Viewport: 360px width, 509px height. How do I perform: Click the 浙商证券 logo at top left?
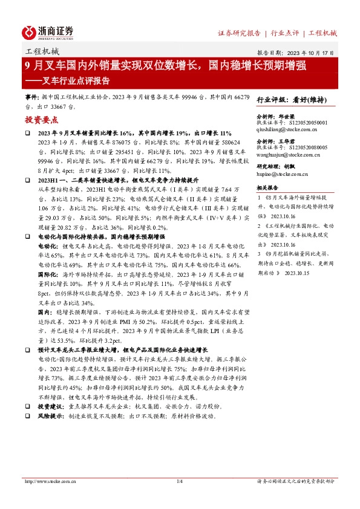pyautogui.click(x=48, y=32)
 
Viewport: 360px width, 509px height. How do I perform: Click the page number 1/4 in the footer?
pyautogui.click(x=179, y=481)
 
